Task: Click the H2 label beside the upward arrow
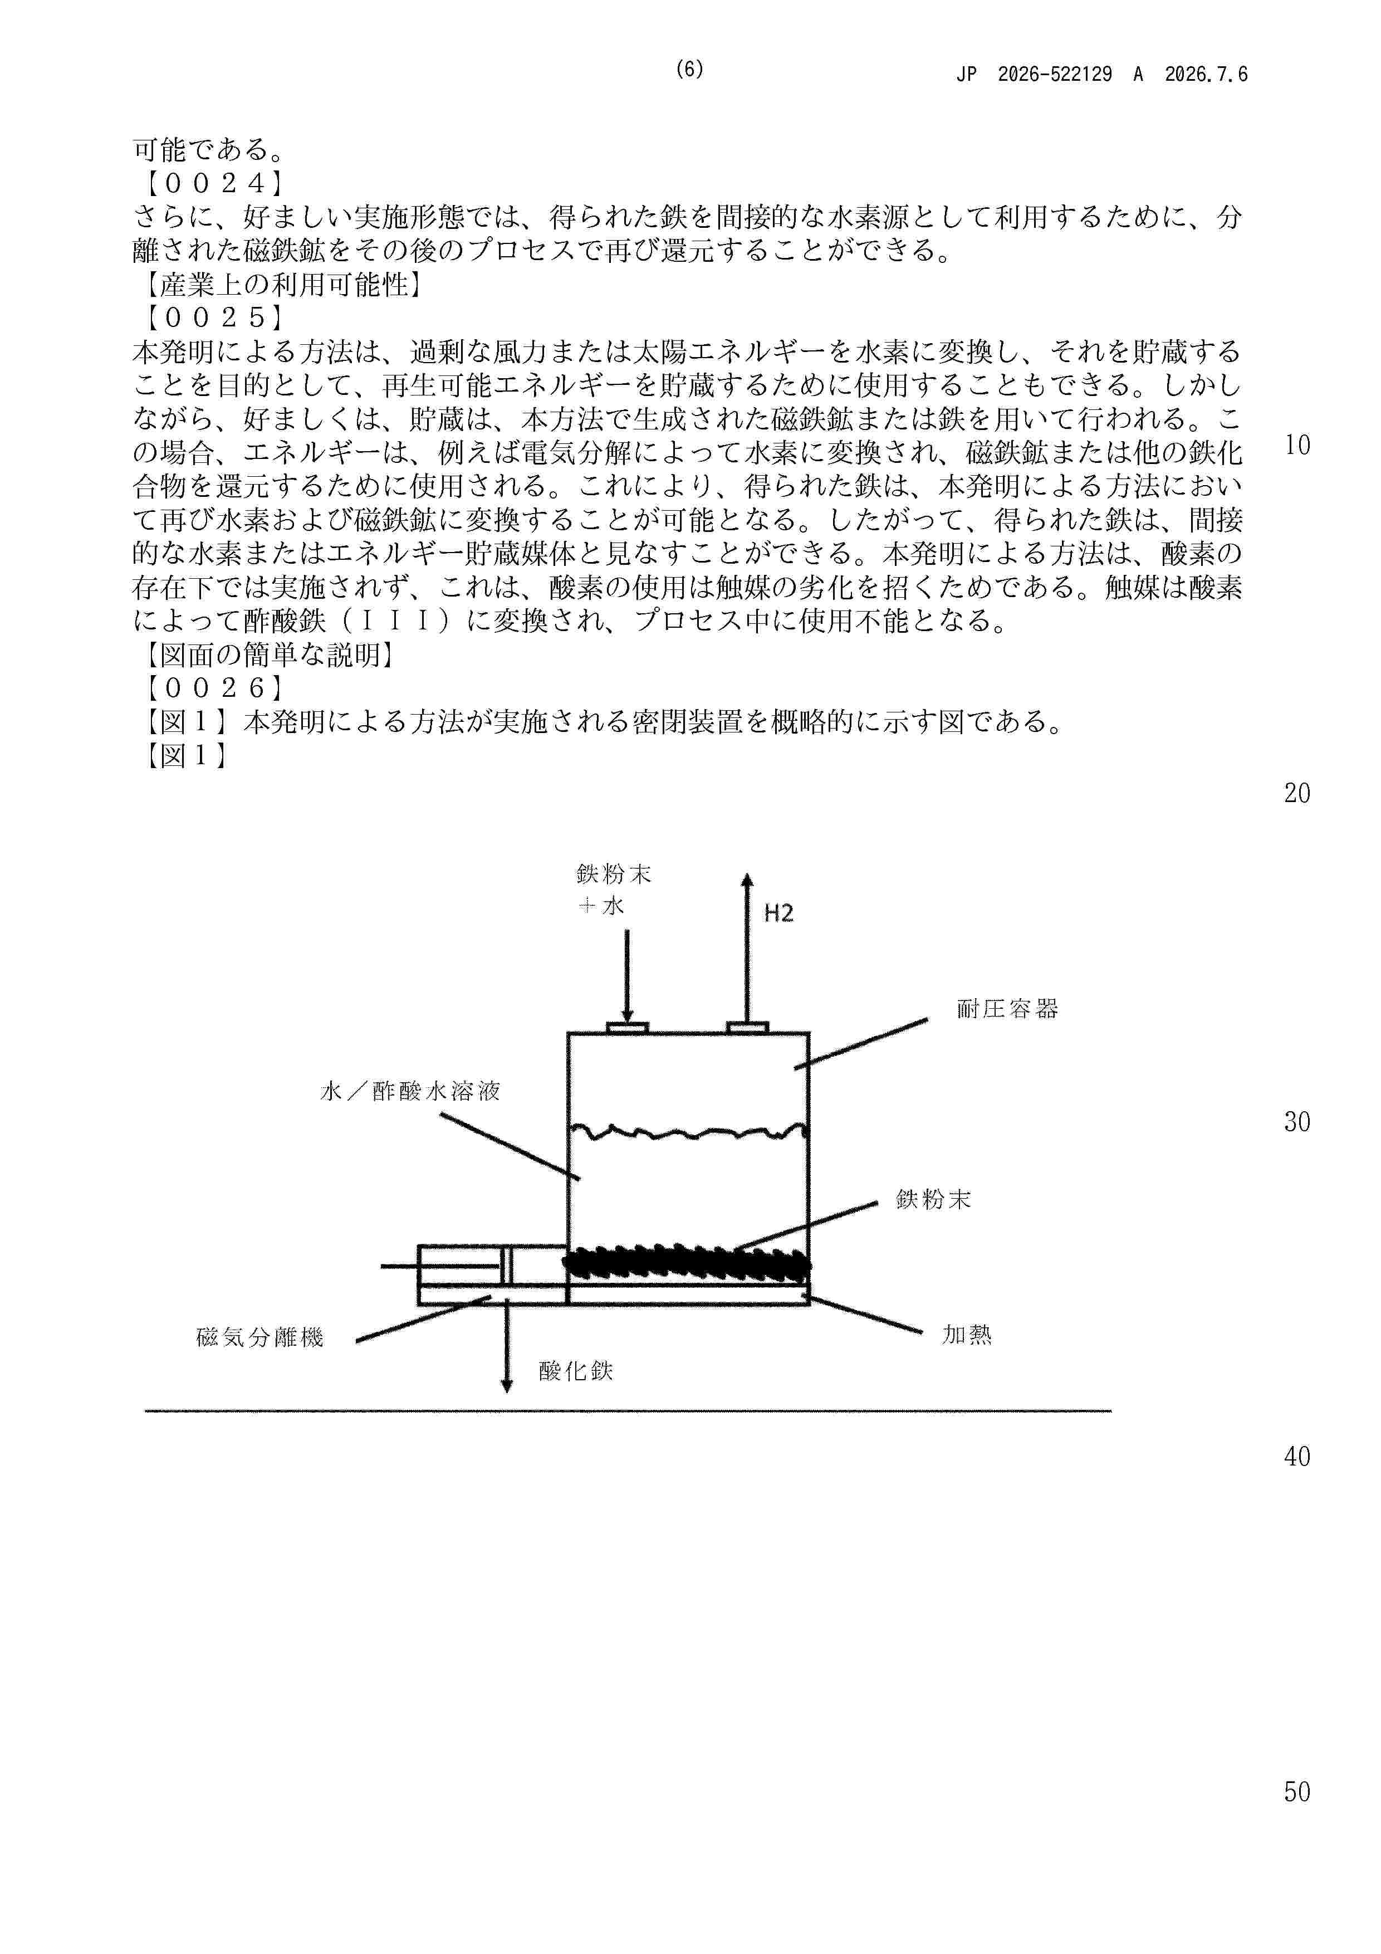(x=778, y=913)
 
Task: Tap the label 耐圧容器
(x=1007, y=1009)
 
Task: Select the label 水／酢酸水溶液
(x=409, y=1091)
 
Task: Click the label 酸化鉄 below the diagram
(x=575, y=1370)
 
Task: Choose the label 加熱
(x=967, y=1335)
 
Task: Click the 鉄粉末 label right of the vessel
(x=933, y=1200)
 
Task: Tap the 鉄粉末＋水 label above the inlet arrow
(x=614, y=890)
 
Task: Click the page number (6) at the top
(x=689, y=70)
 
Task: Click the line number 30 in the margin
(x=1297, y=1122)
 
